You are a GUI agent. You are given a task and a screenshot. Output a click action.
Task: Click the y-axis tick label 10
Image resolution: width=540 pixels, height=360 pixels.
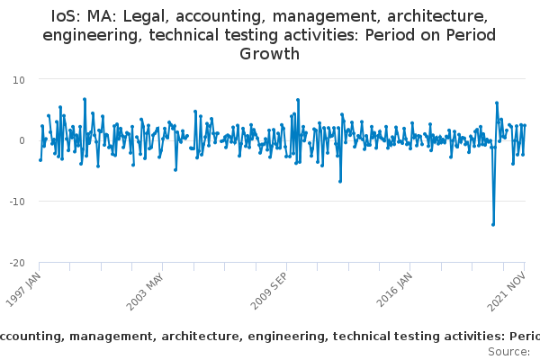click(x=19, y=79)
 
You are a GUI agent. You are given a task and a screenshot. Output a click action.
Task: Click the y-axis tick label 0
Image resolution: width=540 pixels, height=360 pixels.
click(x=22, y=140)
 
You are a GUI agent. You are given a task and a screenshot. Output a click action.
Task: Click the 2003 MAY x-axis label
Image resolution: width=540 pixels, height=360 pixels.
click(x=147, y=291)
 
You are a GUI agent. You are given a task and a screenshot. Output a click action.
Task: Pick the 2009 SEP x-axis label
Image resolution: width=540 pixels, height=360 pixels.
click(x=271, y=291)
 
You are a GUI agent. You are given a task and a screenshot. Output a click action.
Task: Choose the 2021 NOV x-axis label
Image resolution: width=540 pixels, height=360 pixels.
click(x=510, y=291)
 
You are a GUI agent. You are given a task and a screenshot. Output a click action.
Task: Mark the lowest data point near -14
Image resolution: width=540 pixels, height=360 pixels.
click(x=493, y=224)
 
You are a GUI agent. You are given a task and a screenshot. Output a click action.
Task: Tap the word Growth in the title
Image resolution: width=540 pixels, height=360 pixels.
click(x=269, y=54)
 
